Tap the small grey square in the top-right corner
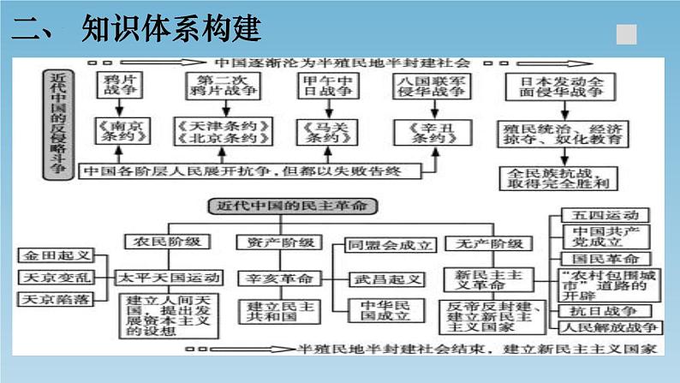coord(627,33)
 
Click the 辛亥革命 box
coord(279,278)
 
